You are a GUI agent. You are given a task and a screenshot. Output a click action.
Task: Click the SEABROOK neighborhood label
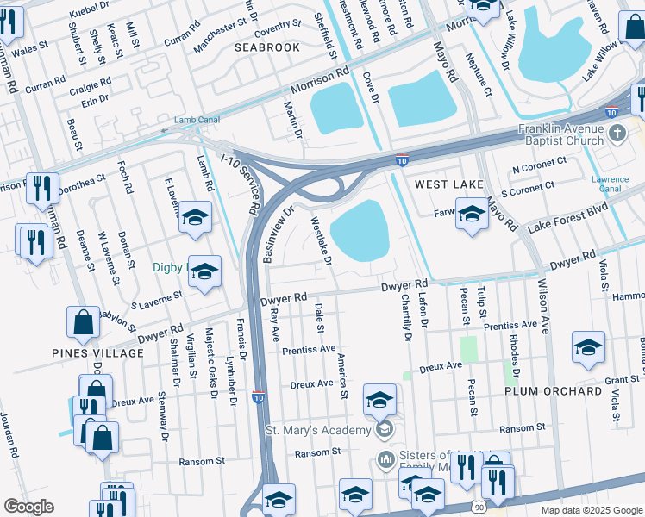pos(267,47)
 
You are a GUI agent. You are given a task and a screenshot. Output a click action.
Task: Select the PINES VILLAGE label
pos(85,353)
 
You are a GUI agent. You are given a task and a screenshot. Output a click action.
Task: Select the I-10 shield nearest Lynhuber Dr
pos(259,397)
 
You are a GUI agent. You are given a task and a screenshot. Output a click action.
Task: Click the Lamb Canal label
pos(190,121)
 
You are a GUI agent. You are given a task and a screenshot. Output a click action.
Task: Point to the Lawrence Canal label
pos(609,184)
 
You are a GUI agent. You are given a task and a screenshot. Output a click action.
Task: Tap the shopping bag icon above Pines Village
pos(84,323)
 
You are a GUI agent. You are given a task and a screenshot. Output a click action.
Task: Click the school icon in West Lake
pos(472,215)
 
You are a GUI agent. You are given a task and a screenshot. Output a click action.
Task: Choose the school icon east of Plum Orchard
pos(588,347)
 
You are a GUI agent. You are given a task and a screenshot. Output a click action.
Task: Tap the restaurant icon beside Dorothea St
pos(42,189)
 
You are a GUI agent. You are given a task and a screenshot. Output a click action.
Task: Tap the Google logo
pos(28,507)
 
